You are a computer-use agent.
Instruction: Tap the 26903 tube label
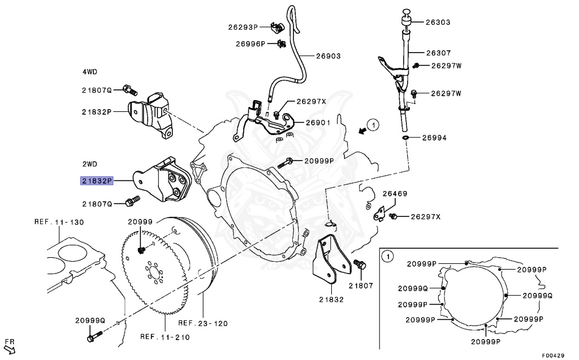[328, 56]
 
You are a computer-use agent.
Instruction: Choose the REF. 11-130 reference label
[58, 222]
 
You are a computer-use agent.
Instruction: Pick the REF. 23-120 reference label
[203, 324]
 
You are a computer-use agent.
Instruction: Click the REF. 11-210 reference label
[165, 337]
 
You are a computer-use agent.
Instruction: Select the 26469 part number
[394, 194]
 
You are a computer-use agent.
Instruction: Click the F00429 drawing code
[552, 355]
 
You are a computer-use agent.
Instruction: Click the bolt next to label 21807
[358, 264]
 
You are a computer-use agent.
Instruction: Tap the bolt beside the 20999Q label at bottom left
[92, 338]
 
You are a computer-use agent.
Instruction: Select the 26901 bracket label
[319, 122]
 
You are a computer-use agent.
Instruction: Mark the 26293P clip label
[243, 27]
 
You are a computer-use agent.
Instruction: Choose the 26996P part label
[250, 44]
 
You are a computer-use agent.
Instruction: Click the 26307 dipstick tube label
[438, 53]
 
